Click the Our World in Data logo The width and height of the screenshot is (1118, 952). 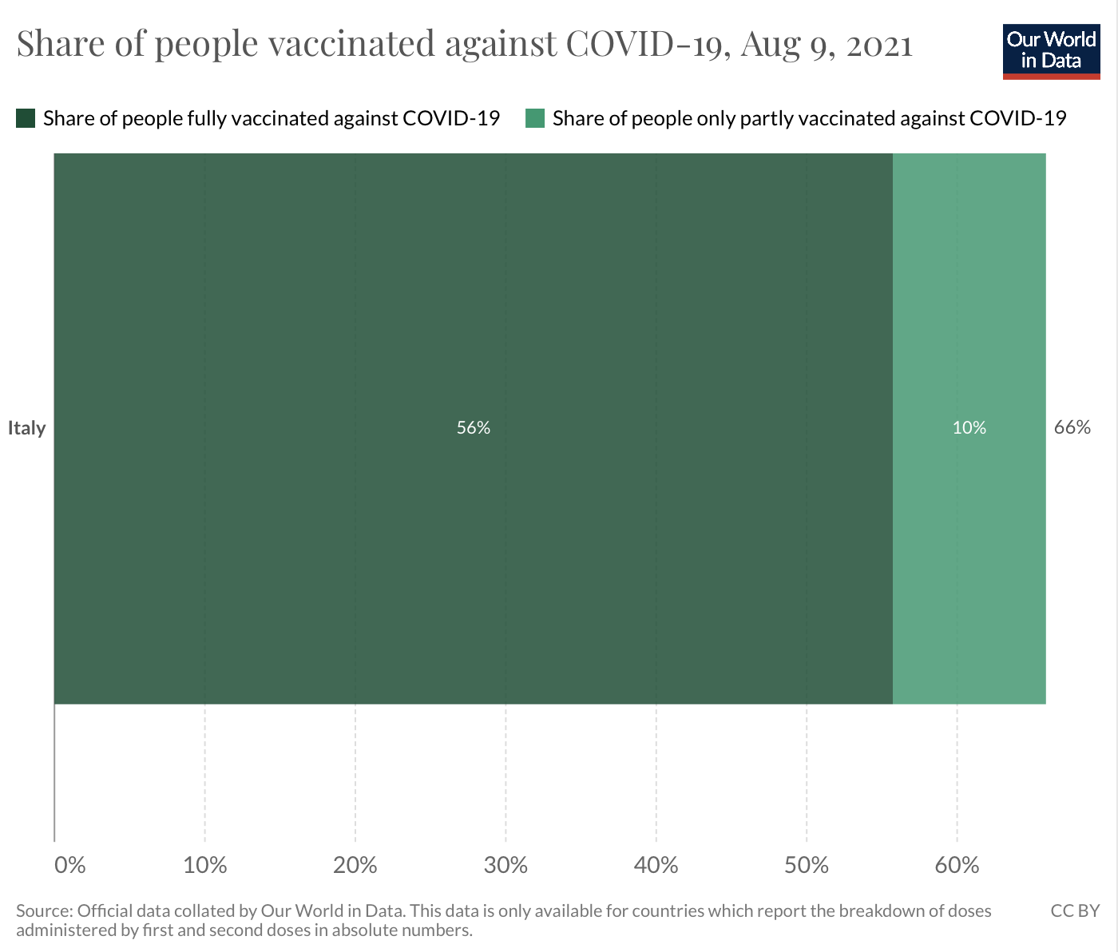click(1051, 51)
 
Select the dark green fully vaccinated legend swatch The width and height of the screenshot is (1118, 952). click(26, 119)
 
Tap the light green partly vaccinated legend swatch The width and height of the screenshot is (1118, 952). click(535, 119)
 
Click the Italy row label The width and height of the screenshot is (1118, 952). click(27, 428)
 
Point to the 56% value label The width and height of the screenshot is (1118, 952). click(473, 428)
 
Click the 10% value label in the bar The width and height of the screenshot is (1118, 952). click(969, 428)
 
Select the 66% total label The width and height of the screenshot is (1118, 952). click(1072, 427)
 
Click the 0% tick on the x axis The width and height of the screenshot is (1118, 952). click(69, 865)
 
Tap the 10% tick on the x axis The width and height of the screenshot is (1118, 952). click(205, 865)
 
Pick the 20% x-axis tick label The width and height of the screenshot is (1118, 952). click(355, 865)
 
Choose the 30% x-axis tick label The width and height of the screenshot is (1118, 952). click(505, 865)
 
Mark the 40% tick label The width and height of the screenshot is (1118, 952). click(656, 865)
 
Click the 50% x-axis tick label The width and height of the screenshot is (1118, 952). click(807, 865)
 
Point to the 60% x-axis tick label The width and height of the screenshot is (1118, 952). click(957, 865)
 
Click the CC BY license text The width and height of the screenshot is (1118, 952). click(1075, 911)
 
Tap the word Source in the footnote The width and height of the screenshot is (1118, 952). click(43, 911)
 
